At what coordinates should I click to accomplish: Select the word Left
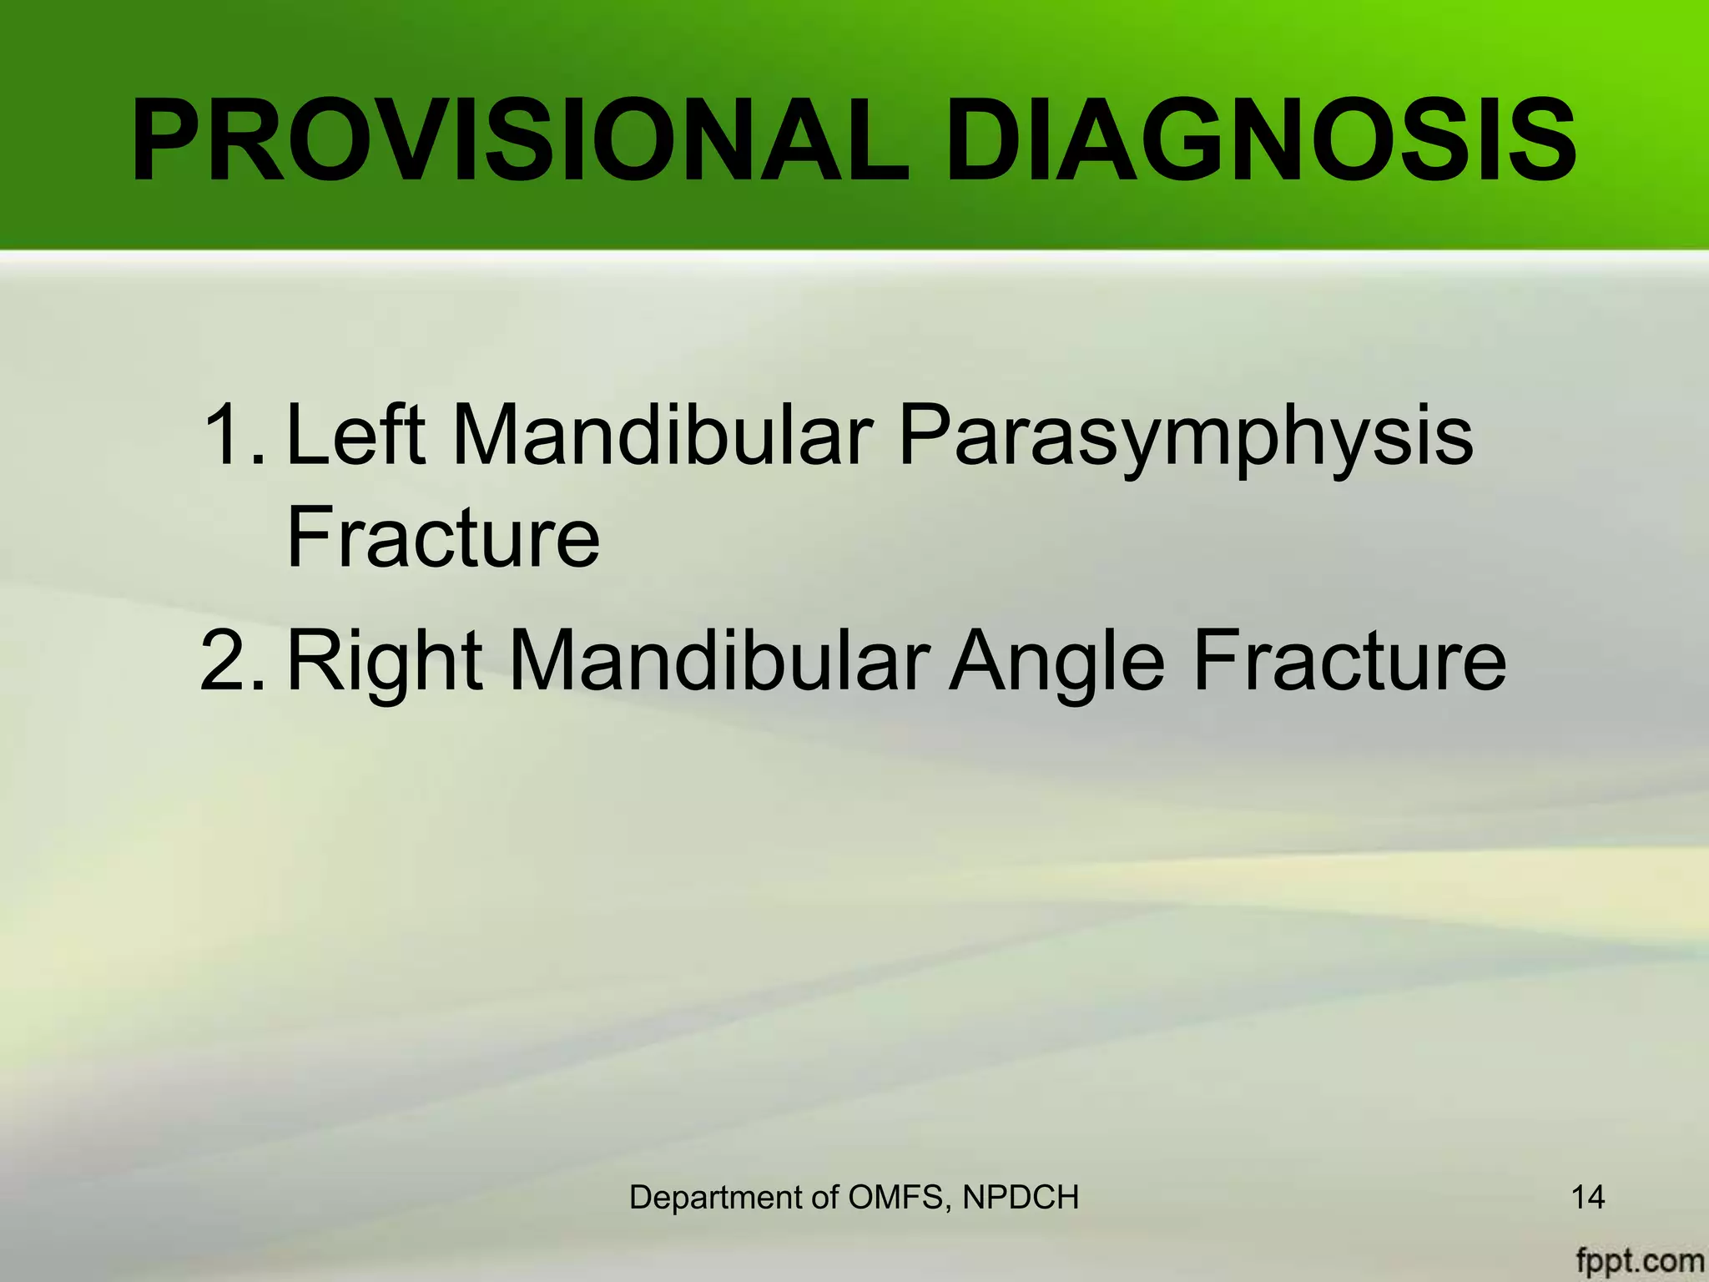355,435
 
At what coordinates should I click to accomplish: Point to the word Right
385,662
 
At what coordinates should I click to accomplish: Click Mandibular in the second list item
718,660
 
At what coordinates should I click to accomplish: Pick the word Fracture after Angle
1349,660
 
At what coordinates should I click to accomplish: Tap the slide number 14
1588,1197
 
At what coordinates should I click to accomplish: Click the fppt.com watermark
1639,1259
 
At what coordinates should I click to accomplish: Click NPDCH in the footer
1021,1197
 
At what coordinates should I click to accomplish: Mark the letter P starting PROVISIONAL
169,140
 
